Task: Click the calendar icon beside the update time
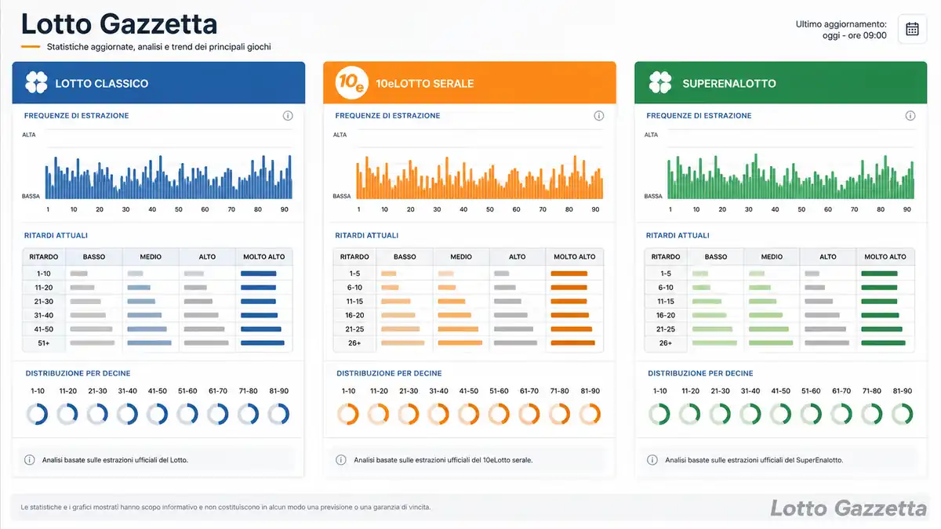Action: [x=912, y=29]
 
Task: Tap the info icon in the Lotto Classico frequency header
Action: [x=288, y=115]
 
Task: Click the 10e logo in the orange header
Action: [x=351, y=82]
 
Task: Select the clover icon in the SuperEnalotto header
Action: [x=660, y=82]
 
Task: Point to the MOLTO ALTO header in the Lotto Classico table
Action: [x=263, y=256]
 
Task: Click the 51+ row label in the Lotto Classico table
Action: [x=44, y=343]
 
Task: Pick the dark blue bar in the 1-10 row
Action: [x=258, y=274]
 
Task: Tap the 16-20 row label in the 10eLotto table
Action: [x=354, y=315]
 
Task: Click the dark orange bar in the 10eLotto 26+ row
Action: [x=572, y=343]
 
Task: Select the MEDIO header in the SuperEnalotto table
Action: [x=772, y=256]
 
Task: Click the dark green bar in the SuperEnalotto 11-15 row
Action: [x=879, y=302]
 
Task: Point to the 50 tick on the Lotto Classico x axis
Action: [x=179, y=209]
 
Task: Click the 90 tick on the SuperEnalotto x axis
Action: [x=907, y=209]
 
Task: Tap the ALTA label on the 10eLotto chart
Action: [x=340, y=135]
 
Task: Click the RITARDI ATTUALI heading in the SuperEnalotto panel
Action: [x=678, y=236]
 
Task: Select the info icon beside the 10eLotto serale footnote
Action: [x=340, y=460]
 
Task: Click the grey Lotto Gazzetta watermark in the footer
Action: [x=848, y=509]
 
